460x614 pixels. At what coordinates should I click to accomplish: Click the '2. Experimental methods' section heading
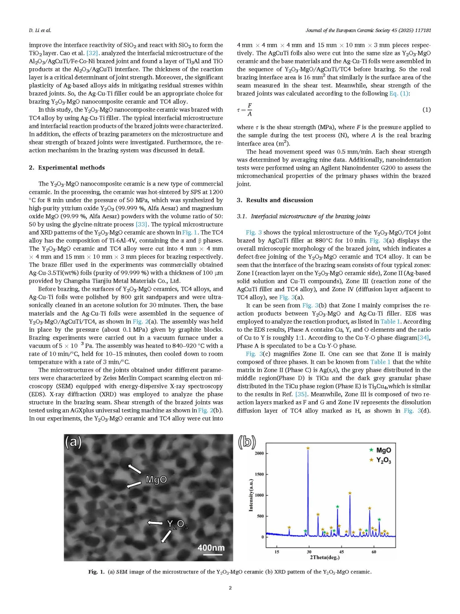point(67,168)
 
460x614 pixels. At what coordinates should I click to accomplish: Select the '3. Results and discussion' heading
point(275,200)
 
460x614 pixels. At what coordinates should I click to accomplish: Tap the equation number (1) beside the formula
point(426,110)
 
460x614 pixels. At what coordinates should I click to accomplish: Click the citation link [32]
point(92,53)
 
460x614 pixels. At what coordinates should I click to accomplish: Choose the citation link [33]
point(141,224)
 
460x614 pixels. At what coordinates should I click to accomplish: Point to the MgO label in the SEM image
point(156,480)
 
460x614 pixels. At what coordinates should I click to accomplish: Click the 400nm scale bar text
point(211,548)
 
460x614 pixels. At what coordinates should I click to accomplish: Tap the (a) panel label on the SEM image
point(73,442)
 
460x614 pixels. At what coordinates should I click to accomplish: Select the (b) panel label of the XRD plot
point(247,442)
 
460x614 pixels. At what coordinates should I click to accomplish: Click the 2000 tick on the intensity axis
point(259,453)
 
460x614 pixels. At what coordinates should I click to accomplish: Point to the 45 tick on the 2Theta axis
point(342,552)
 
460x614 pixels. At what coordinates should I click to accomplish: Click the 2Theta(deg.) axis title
point(325,557)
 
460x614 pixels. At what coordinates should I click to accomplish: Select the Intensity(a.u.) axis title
point(251,495)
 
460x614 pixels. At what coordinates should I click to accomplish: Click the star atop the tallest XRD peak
point(308,448)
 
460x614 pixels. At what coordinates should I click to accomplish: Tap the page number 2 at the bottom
point(230,588)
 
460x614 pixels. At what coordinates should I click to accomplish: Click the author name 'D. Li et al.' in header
point(40,30)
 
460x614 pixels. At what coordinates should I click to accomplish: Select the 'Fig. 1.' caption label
point(96,572)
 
